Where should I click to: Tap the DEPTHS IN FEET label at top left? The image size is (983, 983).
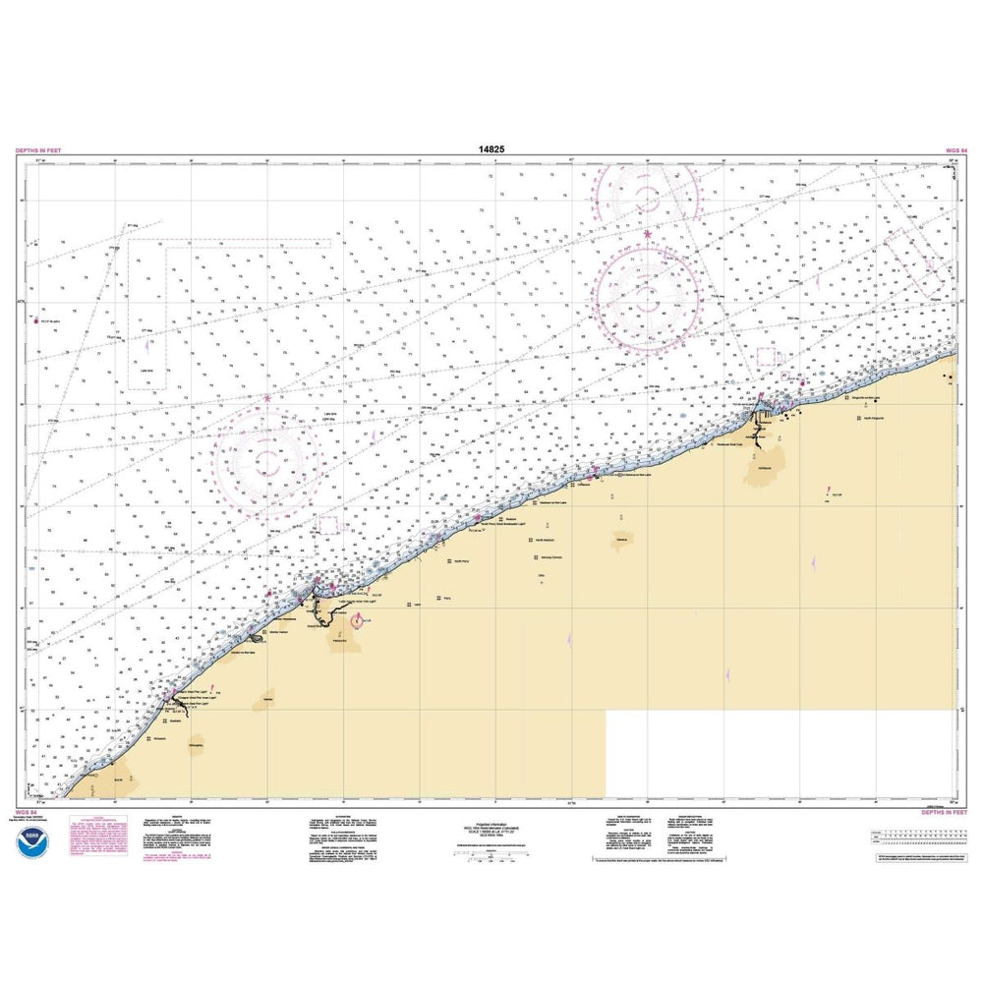coord(40,150)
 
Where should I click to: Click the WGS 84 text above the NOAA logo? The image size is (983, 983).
coord(27,813)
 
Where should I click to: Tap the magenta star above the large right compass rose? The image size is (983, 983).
coord(647,234)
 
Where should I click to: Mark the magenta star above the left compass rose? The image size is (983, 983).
coord(266,398)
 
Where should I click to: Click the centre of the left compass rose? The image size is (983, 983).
coord(264,458)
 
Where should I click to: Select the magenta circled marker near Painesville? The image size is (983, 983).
coord(356,620)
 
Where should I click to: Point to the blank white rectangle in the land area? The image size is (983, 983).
coord(781,752)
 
